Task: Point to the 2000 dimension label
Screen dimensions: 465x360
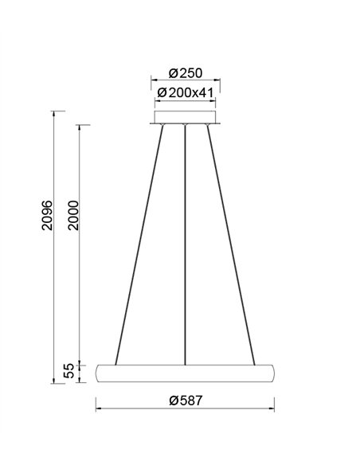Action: pyautogui.click(x=73, y=215)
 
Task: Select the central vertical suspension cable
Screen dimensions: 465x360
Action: pyautogui.click(x=185, y=239)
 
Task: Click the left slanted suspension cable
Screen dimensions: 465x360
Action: pyautogui.click(x=140, y=239)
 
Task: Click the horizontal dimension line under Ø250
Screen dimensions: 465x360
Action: pyautogui.click(x=185, y=81)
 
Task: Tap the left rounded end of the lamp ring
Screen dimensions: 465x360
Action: pyautogui.click(x=99, y=373)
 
